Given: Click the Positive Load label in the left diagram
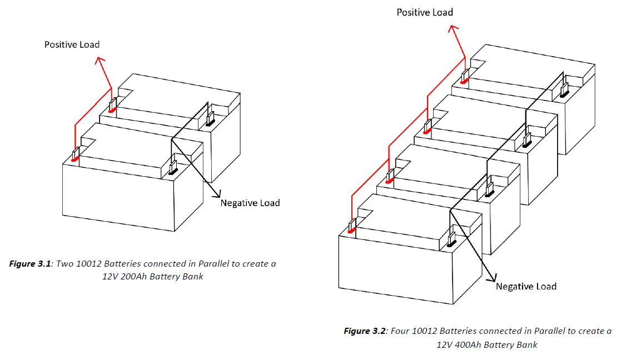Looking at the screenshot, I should [x=72, y=44].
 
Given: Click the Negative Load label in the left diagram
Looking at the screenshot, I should [x=250, y=203].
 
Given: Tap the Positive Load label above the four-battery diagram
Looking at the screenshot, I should [x=425, y=12].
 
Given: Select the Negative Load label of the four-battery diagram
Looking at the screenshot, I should [x=526, y=287].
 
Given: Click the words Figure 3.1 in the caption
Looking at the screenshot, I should [x=30, y=264].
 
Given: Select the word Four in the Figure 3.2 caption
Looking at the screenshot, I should [x=400, y=331].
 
